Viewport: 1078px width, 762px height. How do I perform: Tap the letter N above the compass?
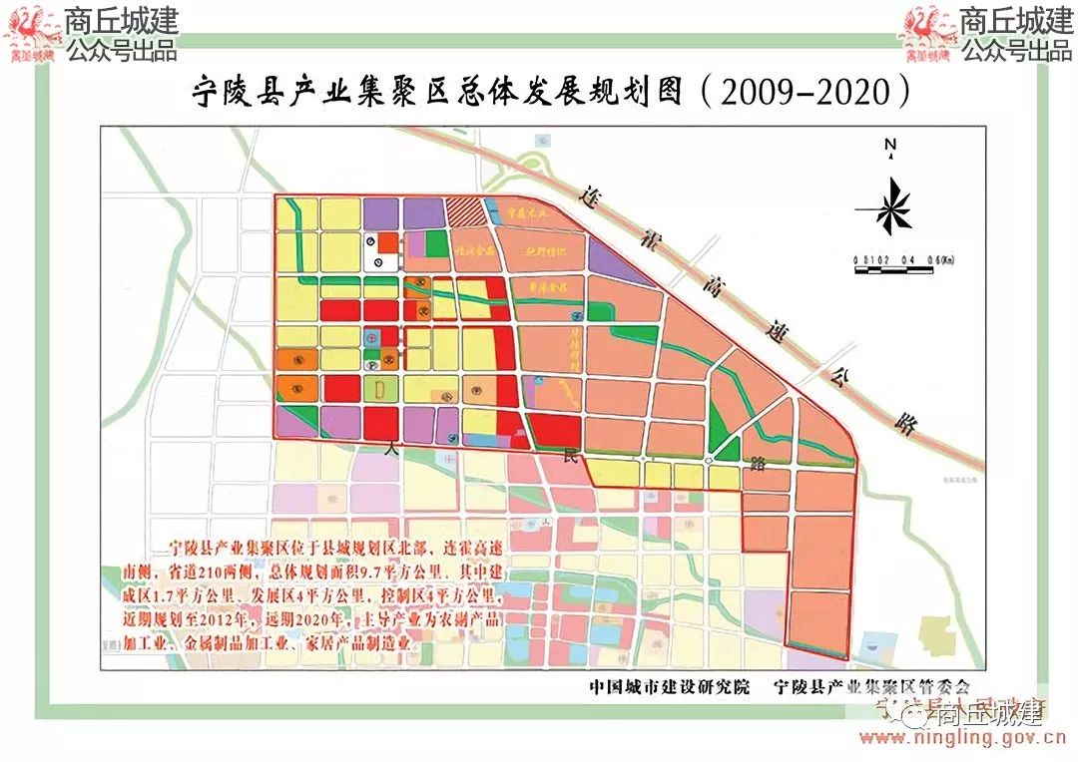click(x=888, y=146)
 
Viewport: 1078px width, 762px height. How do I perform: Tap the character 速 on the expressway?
click(x=782, y=333)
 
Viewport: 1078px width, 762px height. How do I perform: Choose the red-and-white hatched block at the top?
click(x=464, y=212)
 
